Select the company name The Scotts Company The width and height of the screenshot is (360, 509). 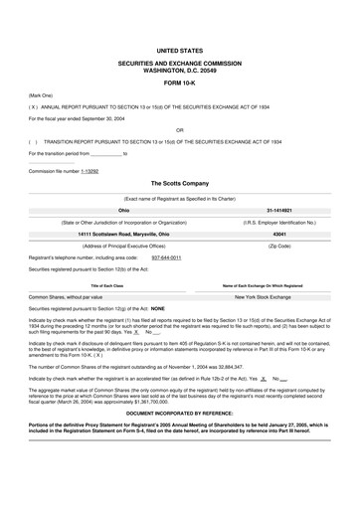point(179,184)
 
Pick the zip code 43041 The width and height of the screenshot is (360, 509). point(278,234)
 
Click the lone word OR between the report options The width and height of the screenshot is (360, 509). point(179,128)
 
